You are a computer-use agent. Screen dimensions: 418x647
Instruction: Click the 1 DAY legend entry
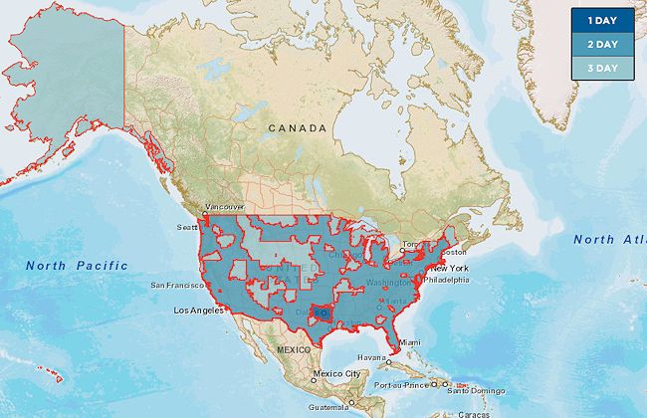coord(604,21)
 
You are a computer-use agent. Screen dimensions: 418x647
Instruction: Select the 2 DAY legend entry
coord(604,45)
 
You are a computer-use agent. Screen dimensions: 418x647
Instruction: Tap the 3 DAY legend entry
coord(604,68)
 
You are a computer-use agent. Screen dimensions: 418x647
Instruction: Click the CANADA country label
coord(297,128)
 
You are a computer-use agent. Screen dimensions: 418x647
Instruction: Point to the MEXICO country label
coord(294,350)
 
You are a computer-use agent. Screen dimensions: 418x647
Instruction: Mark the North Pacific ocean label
coord(77,265)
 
